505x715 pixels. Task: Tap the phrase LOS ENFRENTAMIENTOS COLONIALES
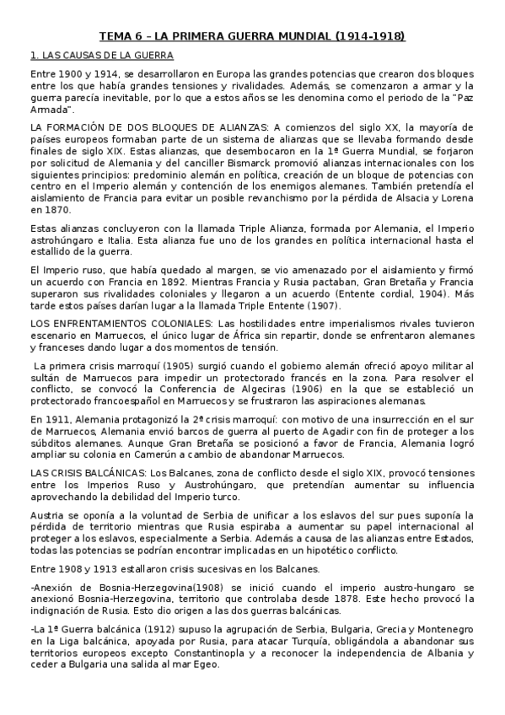point(121,323)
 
